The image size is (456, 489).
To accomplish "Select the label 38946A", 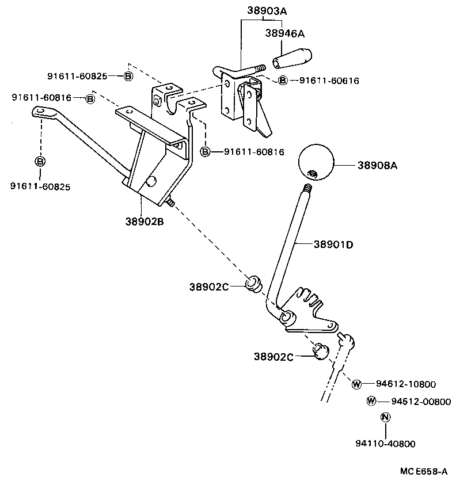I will [284, 33].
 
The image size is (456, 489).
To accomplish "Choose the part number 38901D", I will [333, 244].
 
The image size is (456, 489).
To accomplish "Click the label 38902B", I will [144, 220].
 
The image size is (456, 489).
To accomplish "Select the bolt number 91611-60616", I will [329, 81].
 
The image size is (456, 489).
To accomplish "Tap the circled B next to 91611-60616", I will [283, 81].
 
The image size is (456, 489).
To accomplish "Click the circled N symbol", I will [386, 418].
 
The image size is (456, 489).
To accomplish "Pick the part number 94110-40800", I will [385, 444].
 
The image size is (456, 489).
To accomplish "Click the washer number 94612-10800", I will [406, 384].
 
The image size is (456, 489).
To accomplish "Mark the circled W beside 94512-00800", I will [371, 401].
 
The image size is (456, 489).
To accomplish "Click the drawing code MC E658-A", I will [424, 471].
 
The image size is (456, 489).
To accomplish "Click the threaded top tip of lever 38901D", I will [308, 188].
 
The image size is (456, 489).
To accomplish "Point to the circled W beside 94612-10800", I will [356, 384].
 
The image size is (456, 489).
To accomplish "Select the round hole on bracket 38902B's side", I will [151, 182].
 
